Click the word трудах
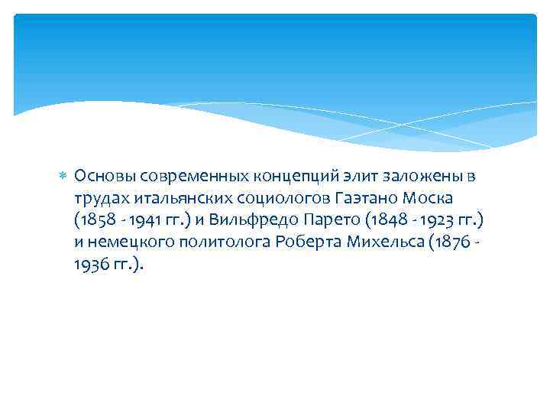(x=102, y=199)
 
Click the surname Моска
(x=432, y=199)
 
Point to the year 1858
(x=95, y=221)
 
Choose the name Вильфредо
(x=244, y=221)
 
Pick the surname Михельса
(x=385, y=243)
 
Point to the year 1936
(x=91, y=265)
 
